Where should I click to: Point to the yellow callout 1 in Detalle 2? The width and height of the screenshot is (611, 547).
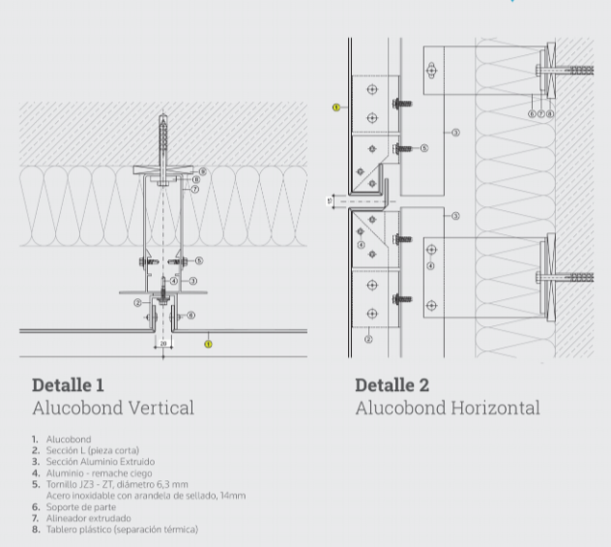335,106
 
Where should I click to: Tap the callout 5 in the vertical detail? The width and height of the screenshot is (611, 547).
199,260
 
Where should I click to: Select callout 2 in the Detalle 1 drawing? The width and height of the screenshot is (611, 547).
138,302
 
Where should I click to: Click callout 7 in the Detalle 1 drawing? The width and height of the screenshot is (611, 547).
195,190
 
